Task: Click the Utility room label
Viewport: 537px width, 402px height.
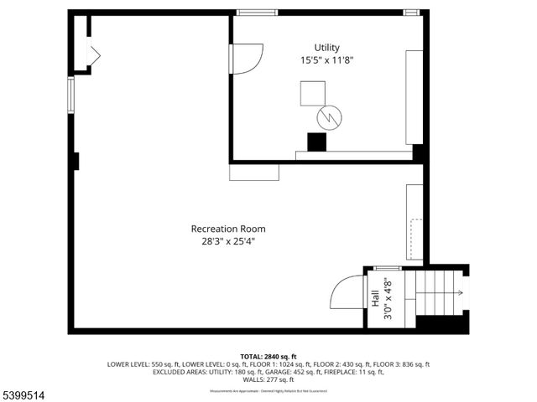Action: pos(327,48)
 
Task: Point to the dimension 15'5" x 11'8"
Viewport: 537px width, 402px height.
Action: pos(327,60)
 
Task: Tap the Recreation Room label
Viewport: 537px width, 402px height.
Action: pos(228,229)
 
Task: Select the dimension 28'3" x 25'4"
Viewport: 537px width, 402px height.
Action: pos(228,241)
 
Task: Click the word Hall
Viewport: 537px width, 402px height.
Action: pos(374,298)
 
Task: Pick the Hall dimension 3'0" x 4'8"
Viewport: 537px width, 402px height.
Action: pos(387,299)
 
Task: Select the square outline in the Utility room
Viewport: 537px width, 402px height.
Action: pos(314,93)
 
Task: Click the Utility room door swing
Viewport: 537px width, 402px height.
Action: pos(248,59)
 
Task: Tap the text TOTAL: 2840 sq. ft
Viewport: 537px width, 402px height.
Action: pos(268,357)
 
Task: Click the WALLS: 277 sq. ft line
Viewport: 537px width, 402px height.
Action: pos(268,379)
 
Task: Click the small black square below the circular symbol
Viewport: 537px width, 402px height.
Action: pos(316,142)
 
